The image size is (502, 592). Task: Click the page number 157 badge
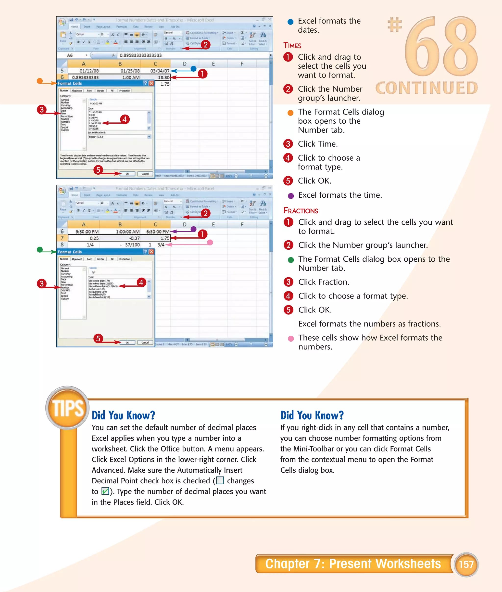(466, 564)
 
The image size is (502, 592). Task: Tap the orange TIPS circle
(68, 408)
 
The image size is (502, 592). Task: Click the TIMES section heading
(292, 46)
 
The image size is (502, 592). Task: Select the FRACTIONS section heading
(301, 211)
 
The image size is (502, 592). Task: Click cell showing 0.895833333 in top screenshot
(85, 77)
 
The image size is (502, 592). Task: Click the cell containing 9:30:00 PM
(87, 232)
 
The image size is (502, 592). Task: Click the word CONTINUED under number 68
(426, 88)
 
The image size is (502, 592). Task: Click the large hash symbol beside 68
(394, 25)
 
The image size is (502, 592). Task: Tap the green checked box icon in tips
(105, 491)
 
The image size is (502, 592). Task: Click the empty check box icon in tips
(220, 480)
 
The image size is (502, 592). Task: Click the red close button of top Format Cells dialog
(151, 83)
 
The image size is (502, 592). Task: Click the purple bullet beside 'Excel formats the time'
(290, 196)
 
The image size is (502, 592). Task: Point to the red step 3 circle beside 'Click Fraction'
(288, 282)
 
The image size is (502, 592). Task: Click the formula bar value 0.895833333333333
(141, 55)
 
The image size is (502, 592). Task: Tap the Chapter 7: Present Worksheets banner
(353, 564)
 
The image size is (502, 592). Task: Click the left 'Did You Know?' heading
(123, 415)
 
